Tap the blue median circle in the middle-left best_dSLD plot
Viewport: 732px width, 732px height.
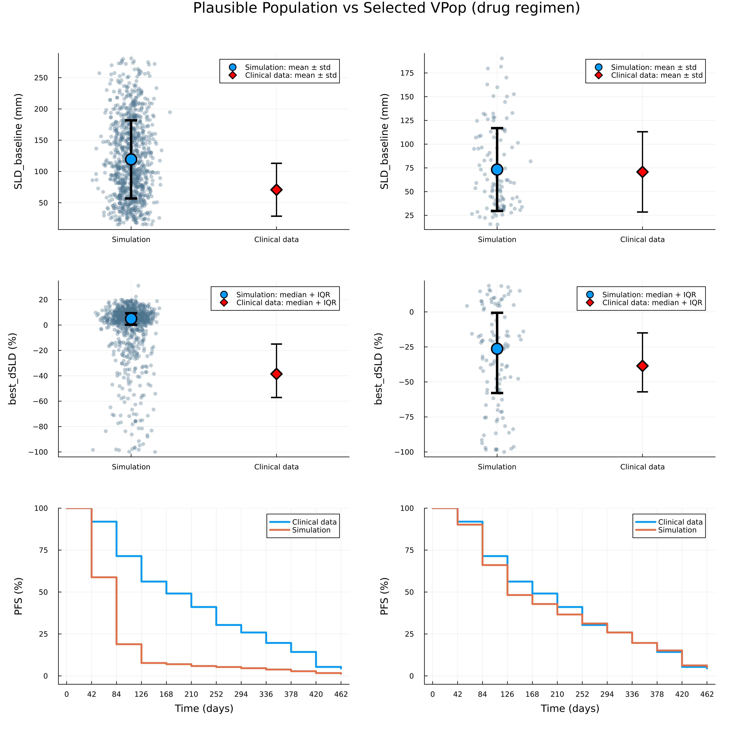point(131,319)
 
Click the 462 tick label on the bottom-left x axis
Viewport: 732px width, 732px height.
point(341,694)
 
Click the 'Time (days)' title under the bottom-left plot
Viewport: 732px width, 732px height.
point(204,709)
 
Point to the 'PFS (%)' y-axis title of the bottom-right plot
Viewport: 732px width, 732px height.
point(384,596)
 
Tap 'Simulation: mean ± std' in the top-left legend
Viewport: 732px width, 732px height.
point(288,67)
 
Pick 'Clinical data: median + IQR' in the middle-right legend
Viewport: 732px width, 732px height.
point(652,303)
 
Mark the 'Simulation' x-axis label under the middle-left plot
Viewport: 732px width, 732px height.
point(131,467)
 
